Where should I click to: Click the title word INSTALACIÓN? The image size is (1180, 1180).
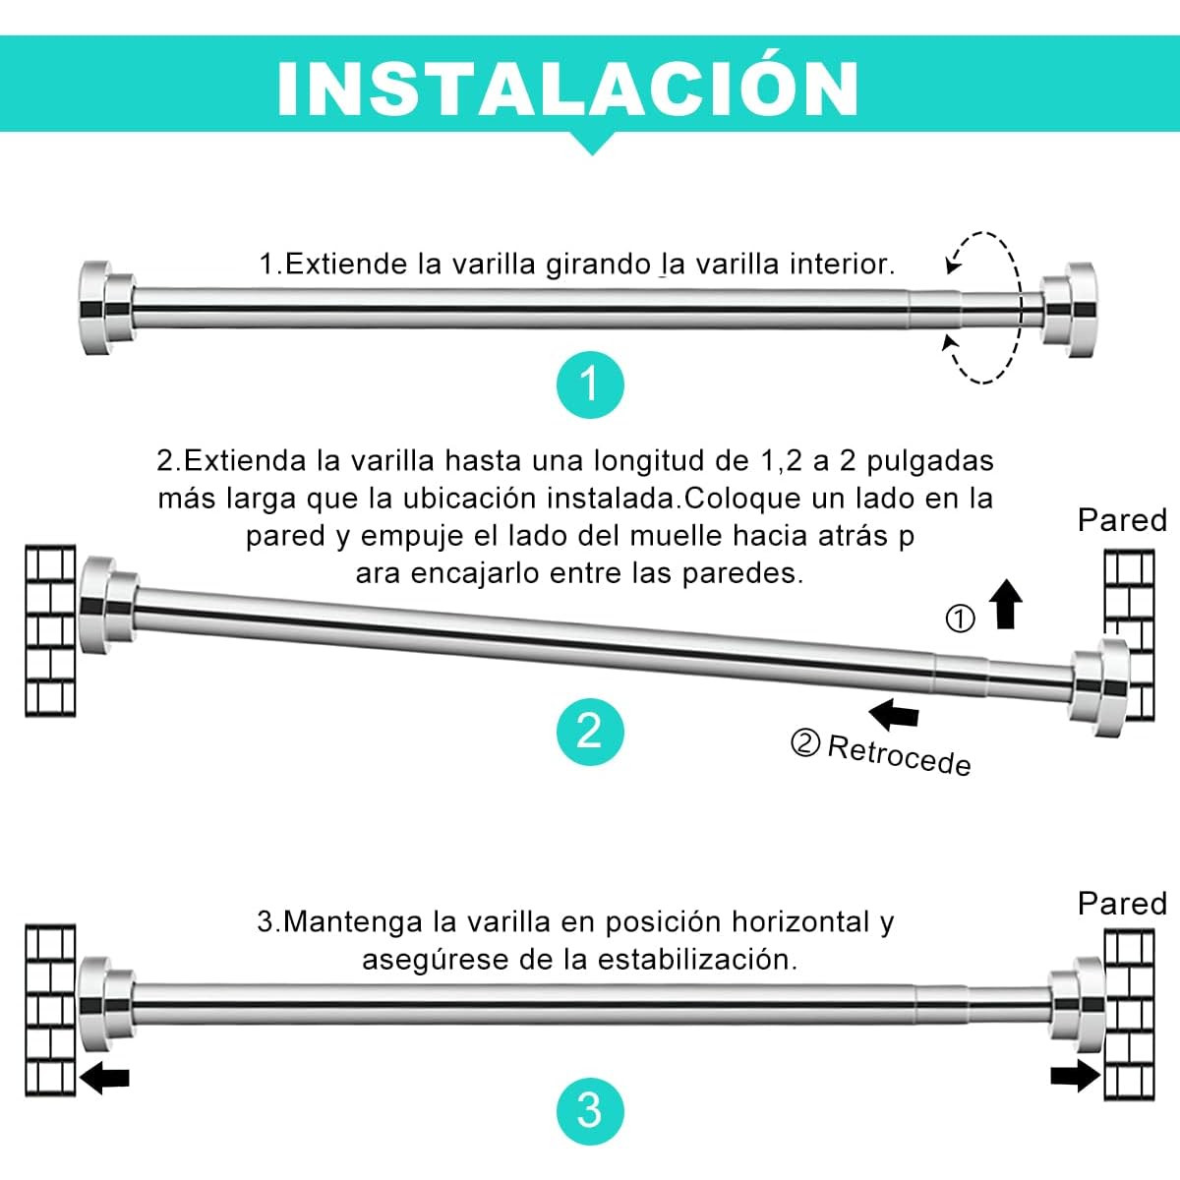568,88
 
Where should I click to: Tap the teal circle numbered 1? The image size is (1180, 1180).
588,383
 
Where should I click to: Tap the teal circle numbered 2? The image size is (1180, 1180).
588,731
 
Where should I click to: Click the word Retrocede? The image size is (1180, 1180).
899,754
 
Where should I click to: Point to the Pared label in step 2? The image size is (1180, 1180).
1122,520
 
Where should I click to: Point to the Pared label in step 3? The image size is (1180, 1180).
1122,903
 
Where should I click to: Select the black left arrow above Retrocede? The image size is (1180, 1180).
895,713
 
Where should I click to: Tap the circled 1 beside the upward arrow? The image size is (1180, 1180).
960,619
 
